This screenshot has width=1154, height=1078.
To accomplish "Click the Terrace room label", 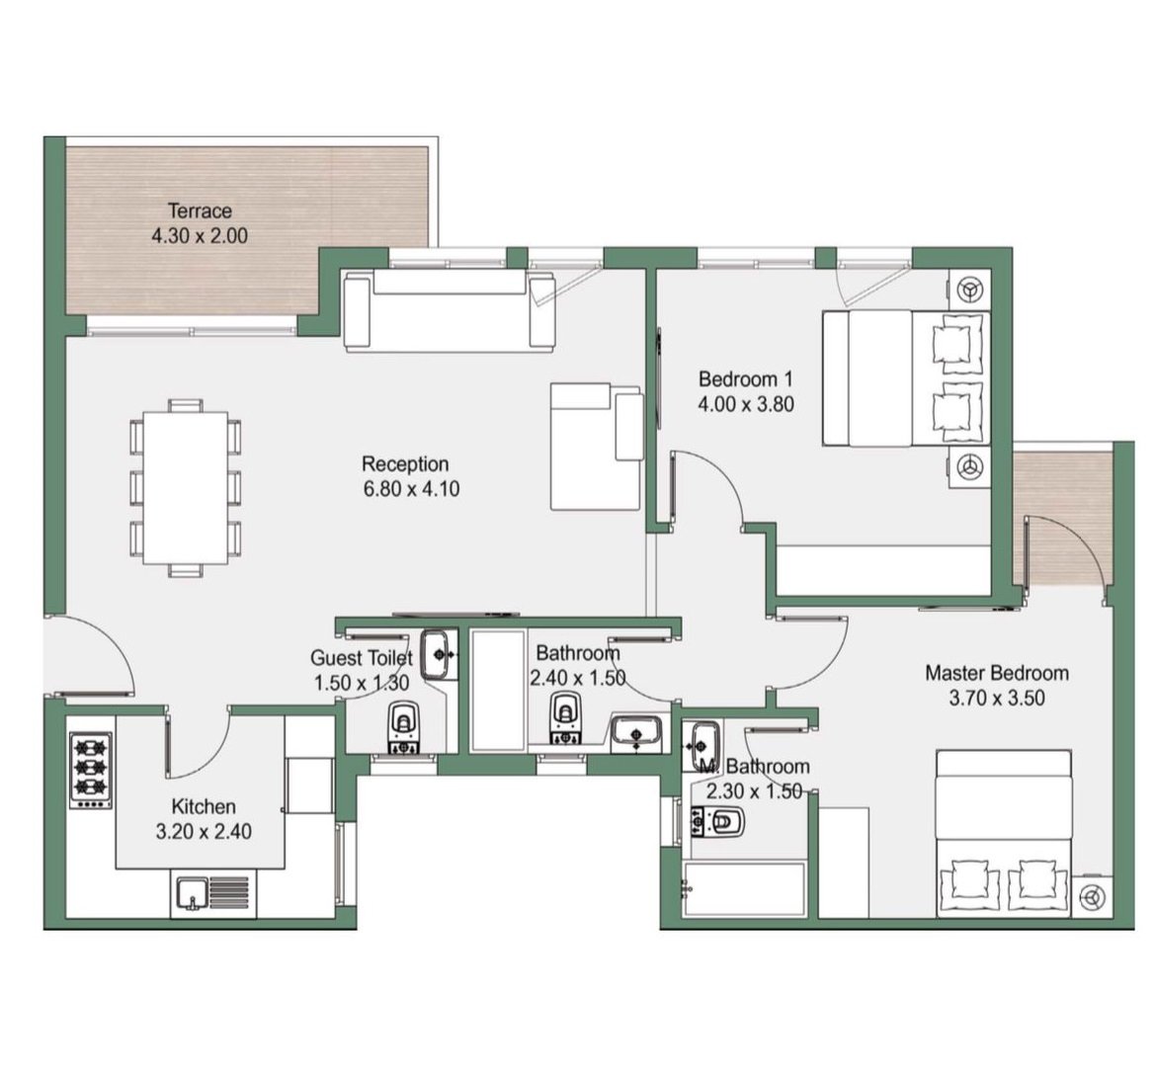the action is tap(201, 211).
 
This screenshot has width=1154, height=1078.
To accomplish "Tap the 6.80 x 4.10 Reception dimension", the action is tap(411, 489).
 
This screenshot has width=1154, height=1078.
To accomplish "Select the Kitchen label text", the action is tap(204, 806).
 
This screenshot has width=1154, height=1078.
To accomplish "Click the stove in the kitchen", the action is tap(91, 770).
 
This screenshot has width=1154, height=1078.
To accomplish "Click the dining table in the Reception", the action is tap(186, 488).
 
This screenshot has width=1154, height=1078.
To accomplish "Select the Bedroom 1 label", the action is tap(746, 379).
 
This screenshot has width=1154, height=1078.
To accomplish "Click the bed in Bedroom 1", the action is tap(906, 378).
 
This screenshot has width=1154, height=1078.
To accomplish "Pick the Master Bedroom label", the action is tap(997, 673).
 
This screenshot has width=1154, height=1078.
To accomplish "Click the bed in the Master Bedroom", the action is tap(1003, 834).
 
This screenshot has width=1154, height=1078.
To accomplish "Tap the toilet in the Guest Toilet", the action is tap(403, 728).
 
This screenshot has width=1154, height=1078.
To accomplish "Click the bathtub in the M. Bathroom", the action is tap(745, 889).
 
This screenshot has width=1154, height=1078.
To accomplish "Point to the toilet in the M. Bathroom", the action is tap(718, 822).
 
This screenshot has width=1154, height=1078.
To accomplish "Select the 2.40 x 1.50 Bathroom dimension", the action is tap(578, 678).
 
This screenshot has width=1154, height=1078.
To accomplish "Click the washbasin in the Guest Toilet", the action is tap(440, 654).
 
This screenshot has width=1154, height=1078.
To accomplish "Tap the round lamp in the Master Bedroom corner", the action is tap(1092, 897).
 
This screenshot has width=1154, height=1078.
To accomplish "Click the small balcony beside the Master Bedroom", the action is tap(1062, 519).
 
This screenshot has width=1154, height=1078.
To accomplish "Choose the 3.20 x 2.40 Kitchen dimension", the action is tap(204, 832).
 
